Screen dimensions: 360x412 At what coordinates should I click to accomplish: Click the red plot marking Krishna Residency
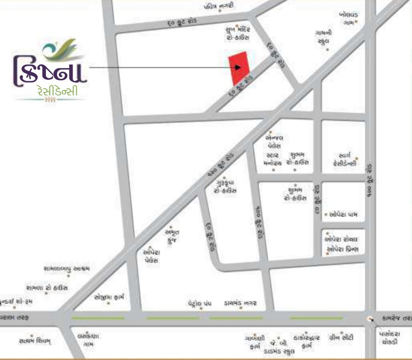click(238, 68)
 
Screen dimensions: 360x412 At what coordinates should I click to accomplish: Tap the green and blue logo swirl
click(59, 51)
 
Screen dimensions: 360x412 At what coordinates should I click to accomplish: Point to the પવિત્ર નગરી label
click(218, 6)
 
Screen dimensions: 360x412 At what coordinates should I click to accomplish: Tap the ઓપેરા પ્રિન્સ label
click(343, 249)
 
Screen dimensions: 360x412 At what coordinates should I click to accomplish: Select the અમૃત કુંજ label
click(172, 236)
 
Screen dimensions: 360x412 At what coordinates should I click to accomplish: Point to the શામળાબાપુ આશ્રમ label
click(66, 269)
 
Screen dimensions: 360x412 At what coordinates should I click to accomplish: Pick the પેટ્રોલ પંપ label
click(199, 304)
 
